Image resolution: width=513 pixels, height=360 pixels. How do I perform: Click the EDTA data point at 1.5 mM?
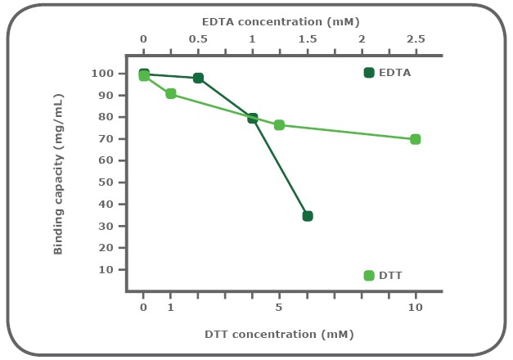pos(308,216)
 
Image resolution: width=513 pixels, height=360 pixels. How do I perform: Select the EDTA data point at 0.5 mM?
pos(198,78)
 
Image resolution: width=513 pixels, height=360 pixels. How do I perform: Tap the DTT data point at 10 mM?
pos(416,139)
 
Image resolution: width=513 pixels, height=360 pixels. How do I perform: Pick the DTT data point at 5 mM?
pos(279,125)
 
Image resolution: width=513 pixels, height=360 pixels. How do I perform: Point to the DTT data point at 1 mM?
pos(170,93)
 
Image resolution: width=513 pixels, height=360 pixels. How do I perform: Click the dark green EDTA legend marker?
pos(369,73)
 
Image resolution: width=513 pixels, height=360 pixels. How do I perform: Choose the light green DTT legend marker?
pos(369,276)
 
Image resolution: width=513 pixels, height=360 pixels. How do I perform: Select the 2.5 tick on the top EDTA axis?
pos(416,38)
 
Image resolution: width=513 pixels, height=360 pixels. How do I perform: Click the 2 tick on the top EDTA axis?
pos(362,38)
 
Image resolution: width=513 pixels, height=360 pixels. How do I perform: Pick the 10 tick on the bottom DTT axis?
pos(416,308)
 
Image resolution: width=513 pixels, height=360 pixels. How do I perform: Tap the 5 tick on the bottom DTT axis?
pos(279,308)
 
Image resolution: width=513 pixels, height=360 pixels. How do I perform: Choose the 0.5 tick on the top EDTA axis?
pos(198,38)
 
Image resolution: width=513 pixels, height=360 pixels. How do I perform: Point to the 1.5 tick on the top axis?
pos(307,38)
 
